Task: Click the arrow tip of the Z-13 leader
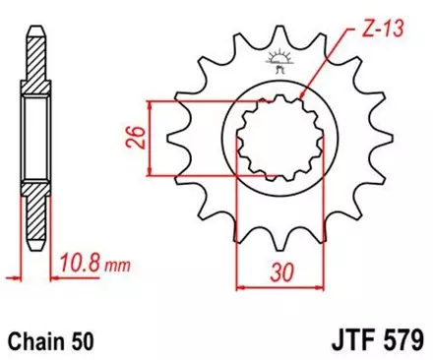tap(301, 116)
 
